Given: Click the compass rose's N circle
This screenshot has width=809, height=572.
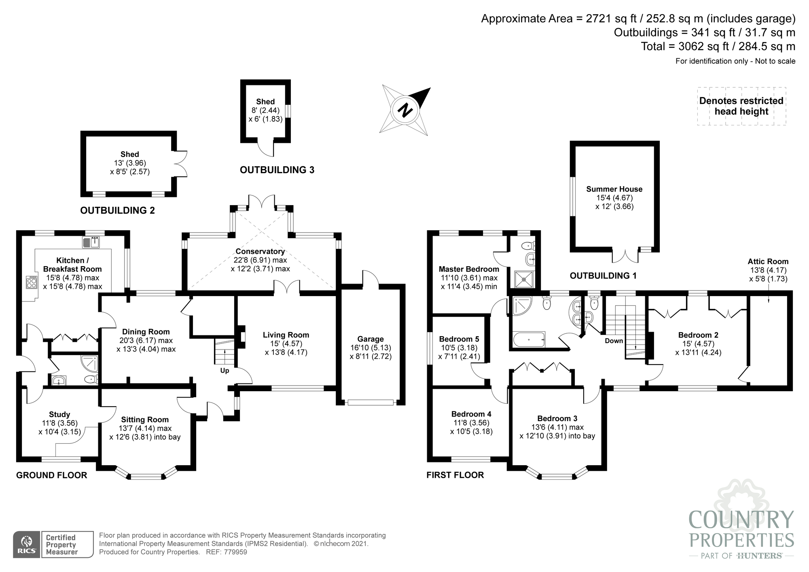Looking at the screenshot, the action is point(405,110).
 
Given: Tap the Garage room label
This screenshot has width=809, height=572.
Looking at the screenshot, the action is point(371,339).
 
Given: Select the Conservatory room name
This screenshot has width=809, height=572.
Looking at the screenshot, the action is point(260,251).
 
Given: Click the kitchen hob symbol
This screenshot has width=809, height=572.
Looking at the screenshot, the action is point(31,282).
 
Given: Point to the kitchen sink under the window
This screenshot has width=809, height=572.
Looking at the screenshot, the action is point(91,242).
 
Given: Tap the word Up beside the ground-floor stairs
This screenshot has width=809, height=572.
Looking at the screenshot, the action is point(224,371).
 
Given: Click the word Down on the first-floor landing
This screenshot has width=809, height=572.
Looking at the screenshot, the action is point(614,341).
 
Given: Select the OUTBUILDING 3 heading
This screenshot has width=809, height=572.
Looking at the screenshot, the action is point(277,170).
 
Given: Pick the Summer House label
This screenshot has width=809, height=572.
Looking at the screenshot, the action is point(614,189).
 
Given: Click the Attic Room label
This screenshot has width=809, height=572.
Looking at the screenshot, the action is point(768,261).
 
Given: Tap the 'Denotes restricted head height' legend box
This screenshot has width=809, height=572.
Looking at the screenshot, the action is point(741,106).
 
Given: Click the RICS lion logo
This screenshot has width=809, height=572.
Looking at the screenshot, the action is point(27,544).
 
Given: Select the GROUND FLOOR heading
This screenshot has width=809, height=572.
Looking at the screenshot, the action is point(52,475).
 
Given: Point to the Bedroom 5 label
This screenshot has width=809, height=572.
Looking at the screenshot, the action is point(459,339).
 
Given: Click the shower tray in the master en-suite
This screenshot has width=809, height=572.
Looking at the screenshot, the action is point(524,279).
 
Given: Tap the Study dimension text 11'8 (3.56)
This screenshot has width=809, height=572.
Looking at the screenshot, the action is point(59,423).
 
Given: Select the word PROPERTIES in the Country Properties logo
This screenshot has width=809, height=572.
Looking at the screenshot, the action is point(741,540).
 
